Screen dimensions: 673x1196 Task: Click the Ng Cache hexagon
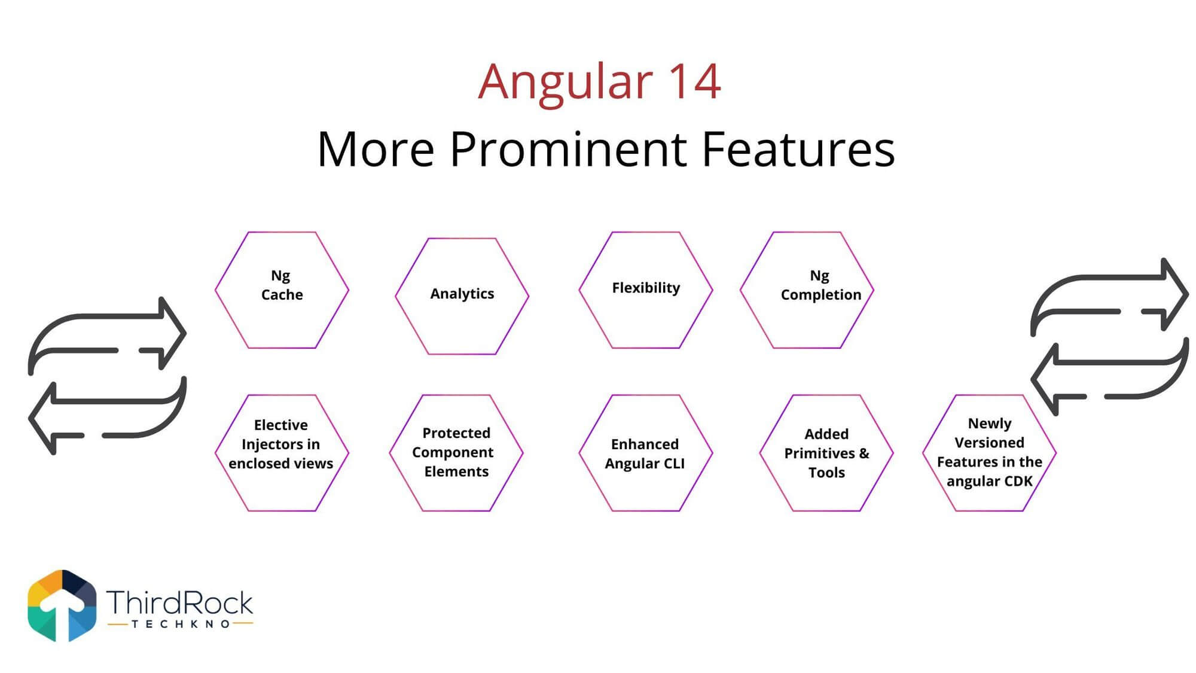click(x=282, y=290)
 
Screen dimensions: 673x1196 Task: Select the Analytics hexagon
click(x=462, y=296)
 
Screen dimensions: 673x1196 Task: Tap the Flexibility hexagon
click(x=646, y=290)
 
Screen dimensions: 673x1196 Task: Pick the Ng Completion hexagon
click(x=807, y=290)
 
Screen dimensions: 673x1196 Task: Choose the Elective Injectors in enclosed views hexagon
click(x=282, y=453)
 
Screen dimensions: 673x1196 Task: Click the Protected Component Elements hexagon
click(x=456, y=453)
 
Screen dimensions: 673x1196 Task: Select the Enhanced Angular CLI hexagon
click(x=646, y=453)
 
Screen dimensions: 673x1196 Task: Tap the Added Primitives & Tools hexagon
click(x=826, y=453)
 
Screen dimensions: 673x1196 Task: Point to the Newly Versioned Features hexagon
click(x=990, y=453)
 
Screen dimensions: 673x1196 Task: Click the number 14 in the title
click(x=694, y=81)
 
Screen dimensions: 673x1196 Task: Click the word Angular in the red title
click(x=565, y=83)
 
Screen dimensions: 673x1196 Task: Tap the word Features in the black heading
click(x=798, y=149)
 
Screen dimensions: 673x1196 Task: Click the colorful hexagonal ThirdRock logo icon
click(x=62, y=605)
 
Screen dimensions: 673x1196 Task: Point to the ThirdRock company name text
click(x=179, y=602)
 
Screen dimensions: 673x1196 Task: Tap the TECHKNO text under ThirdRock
click(x=180, y=624)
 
